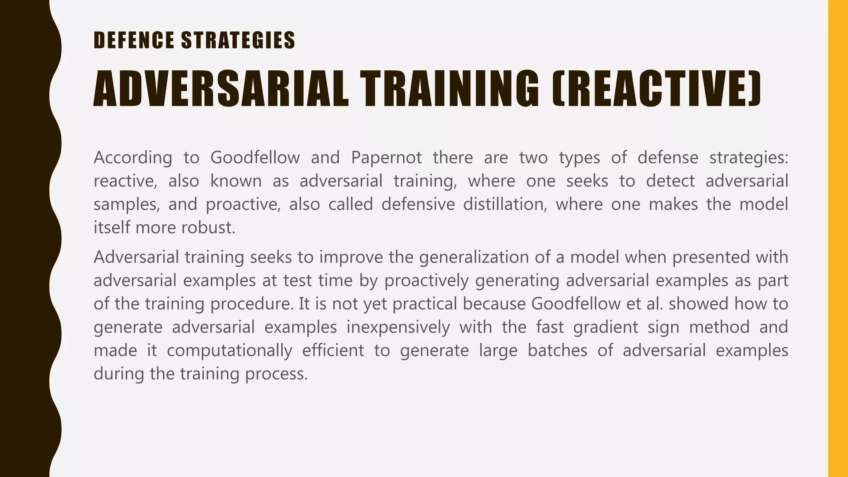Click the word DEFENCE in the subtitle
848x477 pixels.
(x=134, y=41)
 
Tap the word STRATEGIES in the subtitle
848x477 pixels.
(x=238, y=41)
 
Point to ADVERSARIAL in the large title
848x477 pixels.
(x=221, y=89)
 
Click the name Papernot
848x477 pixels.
(x=386, y=158)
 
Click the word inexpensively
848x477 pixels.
(x=398, y=327)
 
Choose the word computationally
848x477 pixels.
(x=229, y=351)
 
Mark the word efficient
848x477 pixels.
(x=333, y=351)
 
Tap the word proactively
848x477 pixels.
(x=426, y=281)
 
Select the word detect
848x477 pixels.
(x=670, y=181)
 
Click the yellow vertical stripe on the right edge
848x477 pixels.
(x=838, y=238)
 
